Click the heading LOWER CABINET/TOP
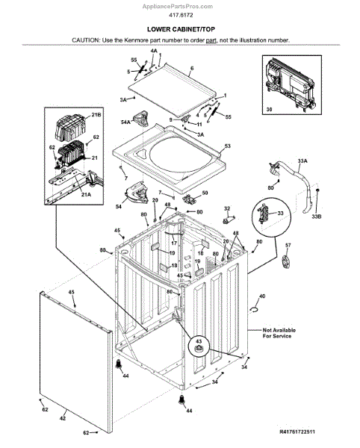click(x=181, y=29)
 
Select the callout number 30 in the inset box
click(x=269, y=109)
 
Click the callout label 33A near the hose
click(x=302, y=161)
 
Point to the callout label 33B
click(x=316, y=217)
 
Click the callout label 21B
click(x=96, y=114)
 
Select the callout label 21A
click(x=86, y=195)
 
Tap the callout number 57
click(x=288, y=245)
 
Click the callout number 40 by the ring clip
click(x=262, y=296)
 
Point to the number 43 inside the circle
click(x=199, y=341)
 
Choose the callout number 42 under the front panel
click(x=63, y=418)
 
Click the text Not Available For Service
click(x=279, y=333)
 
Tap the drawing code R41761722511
click(x=297, y=432)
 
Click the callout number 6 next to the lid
click(x=192, y=68)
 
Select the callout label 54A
click(x=125, y=122)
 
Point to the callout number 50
click(x=205, y=193)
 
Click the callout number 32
click(x=227, y=208)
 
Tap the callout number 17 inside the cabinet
click(x=174, y=243)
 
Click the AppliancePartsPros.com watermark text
click(x=178, y=6)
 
